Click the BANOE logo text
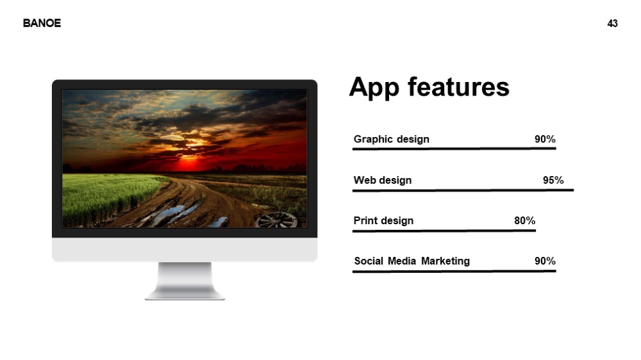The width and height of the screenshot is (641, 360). coord(42,23)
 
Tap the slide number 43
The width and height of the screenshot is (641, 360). coord(612,24)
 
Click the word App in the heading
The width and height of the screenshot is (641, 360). coord(374,88)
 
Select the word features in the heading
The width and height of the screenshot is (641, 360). coord(459,87)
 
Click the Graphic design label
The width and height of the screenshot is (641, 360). coord(391,140)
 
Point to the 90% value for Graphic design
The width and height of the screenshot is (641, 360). coord(545,140)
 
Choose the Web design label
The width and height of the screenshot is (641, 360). coord(382,180)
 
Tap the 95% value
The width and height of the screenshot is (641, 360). coord(553,180)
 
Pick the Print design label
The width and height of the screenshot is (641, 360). coord(383,220)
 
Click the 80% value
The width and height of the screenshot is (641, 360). coord(524,220)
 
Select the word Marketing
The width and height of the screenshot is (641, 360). coord(445,261)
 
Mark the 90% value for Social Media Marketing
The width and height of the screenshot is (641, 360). coord(545,261)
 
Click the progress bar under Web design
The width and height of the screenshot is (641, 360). coord(463,190)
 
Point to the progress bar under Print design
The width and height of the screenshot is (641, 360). coord(444,231)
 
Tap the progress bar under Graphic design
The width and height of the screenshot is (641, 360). coord(454,149)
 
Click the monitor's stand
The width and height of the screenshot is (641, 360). coord(185,281)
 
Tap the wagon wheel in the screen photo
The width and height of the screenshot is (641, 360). coord(277,220)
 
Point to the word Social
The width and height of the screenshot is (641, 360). coord(369,261)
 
